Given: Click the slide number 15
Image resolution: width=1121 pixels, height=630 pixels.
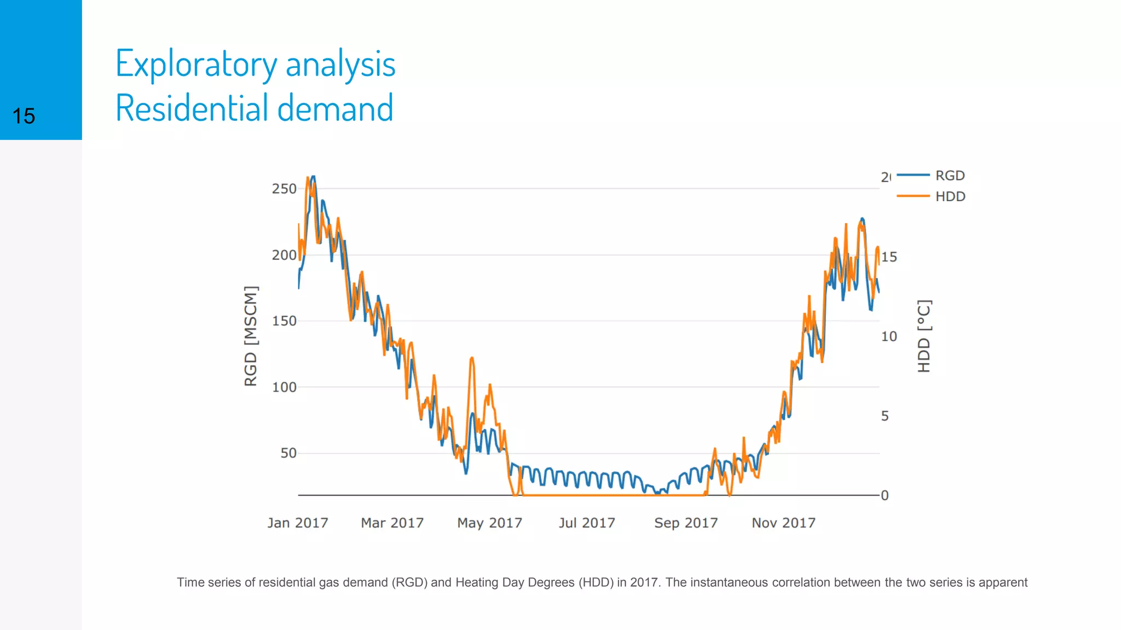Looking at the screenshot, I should pos(24,116).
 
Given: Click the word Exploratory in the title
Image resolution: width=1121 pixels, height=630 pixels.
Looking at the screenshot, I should pos(196,65).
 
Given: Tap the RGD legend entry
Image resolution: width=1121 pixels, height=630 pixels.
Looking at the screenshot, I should pos(950,176).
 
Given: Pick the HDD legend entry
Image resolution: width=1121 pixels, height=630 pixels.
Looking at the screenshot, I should pos(950,196).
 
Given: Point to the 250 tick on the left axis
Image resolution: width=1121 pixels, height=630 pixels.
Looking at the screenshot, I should pos(284,189).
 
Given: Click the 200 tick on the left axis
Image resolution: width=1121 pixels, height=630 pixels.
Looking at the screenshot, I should pos(284,255).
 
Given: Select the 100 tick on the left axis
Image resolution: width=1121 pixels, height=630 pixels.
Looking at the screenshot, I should pos(284,387).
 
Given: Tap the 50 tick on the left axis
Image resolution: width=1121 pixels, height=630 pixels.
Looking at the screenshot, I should pos(288,453).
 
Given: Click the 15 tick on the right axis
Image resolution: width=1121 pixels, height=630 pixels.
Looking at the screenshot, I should pos(889,257).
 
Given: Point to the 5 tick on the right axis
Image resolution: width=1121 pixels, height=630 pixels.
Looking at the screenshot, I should pos(885,416).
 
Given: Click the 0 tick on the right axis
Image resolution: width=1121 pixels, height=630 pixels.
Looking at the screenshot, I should pos(885,495).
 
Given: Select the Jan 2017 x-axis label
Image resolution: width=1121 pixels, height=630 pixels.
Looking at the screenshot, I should pos(297,523).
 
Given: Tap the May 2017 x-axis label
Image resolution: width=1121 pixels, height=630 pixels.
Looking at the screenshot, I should pos(489,523).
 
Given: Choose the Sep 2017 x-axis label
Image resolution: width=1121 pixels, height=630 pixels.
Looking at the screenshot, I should pos(685,523).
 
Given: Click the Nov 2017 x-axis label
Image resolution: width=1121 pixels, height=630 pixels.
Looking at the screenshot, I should pos(783,523).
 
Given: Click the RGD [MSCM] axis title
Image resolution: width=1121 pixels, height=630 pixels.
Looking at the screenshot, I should pos(251,336).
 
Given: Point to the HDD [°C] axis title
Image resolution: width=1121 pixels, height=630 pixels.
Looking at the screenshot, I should pos(924,336).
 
